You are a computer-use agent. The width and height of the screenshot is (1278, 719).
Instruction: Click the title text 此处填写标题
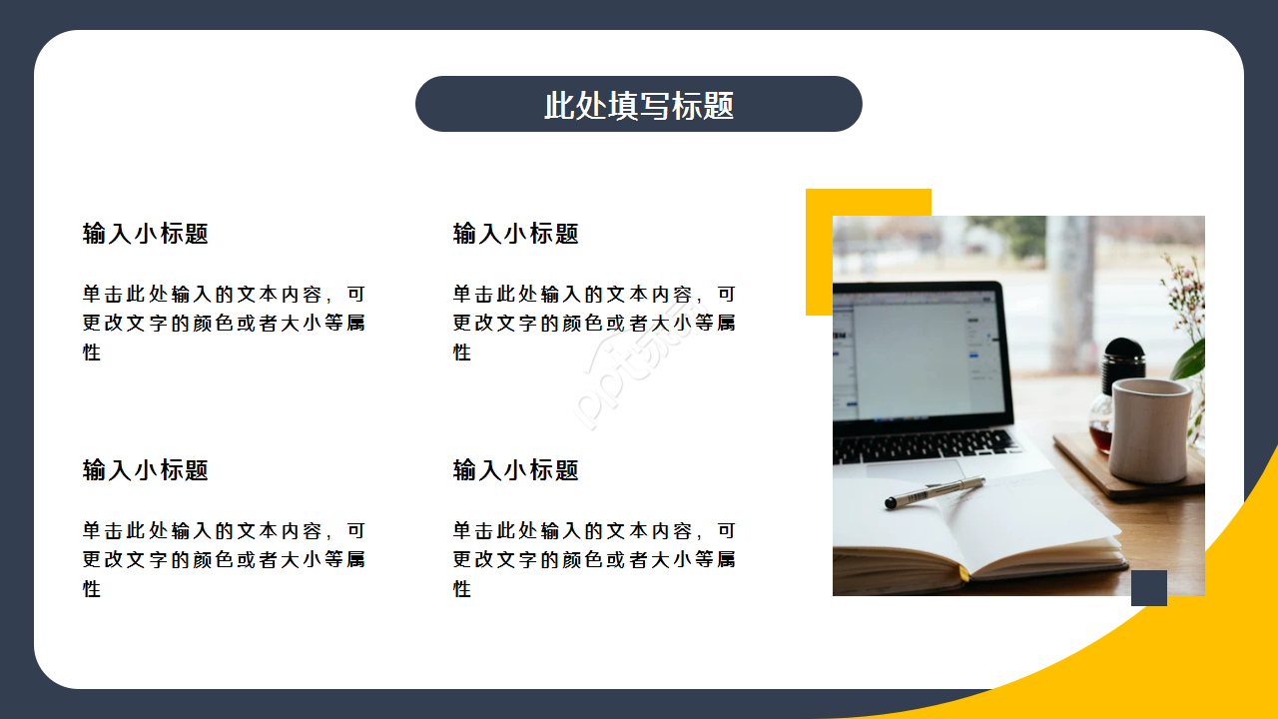[639, 105]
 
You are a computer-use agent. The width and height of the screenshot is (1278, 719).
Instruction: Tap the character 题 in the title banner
[719, 105]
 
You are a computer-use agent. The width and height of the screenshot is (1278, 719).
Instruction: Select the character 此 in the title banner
[559, 105]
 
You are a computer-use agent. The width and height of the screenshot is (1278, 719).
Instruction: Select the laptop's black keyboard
[924, 445]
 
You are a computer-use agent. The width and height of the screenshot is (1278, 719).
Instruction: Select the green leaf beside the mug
[1190, 359]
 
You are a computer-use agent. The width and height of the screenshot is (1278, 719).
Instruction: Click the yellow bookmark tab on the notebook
[964, 575]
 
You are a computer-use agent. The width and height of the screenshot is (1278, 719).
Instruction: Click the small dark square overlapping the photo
[1149, 588]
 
